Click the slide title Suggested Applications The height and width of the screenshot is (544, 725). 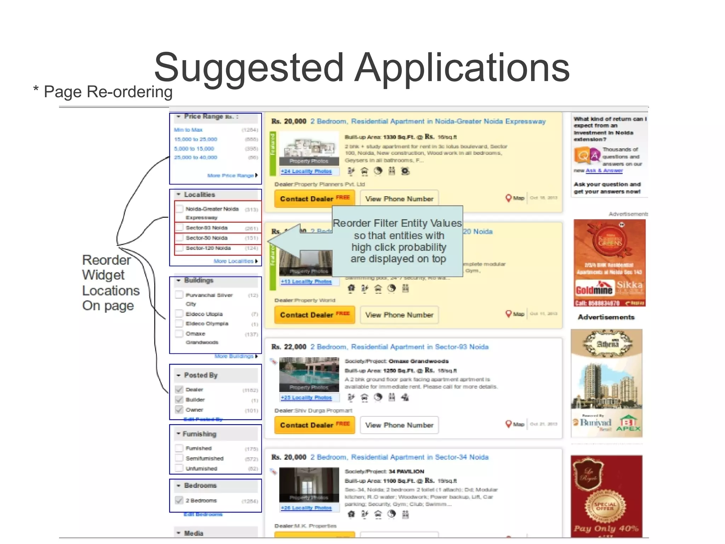click(x=362, y=67)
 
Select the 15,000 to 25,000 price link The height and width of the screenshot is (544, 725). click(x=195, y=139)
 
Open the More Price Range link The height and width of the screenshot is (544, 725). click(x=231, y=175)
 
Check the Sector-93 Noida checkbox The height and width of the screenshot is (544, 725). click(x=179, y=228)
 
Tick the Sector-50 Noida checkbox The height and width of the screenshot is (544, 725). click(x=179, y=238)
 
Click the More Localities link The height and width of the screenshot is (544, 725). click(x=234, y=261)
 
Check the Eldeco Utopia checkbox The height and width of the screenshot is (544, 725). click(x=179, y=314)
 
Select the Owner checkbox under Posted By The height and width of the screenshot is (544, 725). click(x=179, y=410)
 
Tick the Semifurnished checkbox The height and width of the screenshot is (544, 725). click(x=179, y=458)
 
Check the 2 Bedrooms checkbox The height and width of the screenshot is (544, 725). click(x=179, y=500)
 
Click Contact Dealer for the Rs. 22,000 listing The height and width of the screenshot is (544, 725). click(x=314, y=425)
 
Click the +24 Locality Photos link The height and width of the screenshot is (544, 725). click(x=306, y=171)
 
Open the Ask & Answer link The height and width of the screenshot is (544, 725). click(x=604, y=170)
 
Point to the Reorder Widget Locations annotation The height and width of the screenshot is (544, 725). click(x=110, y=282)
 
